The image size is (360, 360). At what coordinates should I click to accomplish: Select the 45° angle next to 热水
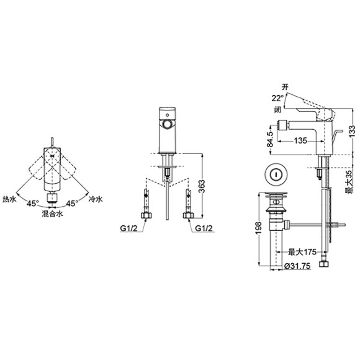(32, 203)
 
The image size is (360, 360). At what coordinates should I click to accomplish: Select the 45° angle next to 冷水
(72, 203)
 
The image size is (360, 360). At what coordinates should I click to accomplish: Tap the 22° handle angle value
(276, 97)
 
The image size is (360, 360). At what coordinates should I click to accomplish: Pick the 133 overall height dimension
(352, 130)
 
